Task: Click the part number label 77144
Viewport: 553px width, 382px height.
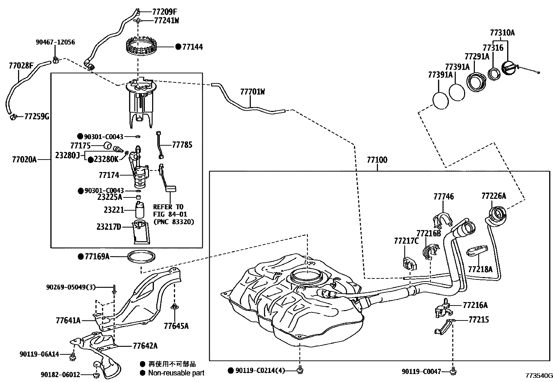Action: (x=193, y=47)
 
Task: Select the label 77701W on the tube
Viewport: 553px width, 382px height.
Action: (x=253, y=92)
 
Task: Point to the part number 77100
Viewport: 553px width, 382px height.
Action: (x=377, y=160)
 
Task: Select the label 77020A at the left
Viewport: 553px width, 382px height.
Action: (x=24, y=160)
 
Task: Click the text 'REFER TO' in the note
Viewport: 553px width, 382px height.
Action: (x=168, y=207)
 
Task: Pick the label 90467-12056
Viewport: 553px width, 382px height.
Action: (x=55, y=42)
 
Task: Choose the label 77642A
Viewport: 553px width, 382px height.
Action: (x=145, y=346)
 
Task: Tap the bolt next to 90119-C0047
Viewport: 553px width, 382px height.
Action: (x=453, y=371)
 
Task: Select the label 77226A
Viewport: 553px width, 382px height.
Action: (x=494, y=196)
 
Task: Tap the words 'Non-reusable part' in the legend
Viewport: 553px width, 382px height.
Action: (x=176, y=373)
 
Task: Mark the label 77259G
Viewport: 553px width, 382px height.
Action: (x=36, y=116)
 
